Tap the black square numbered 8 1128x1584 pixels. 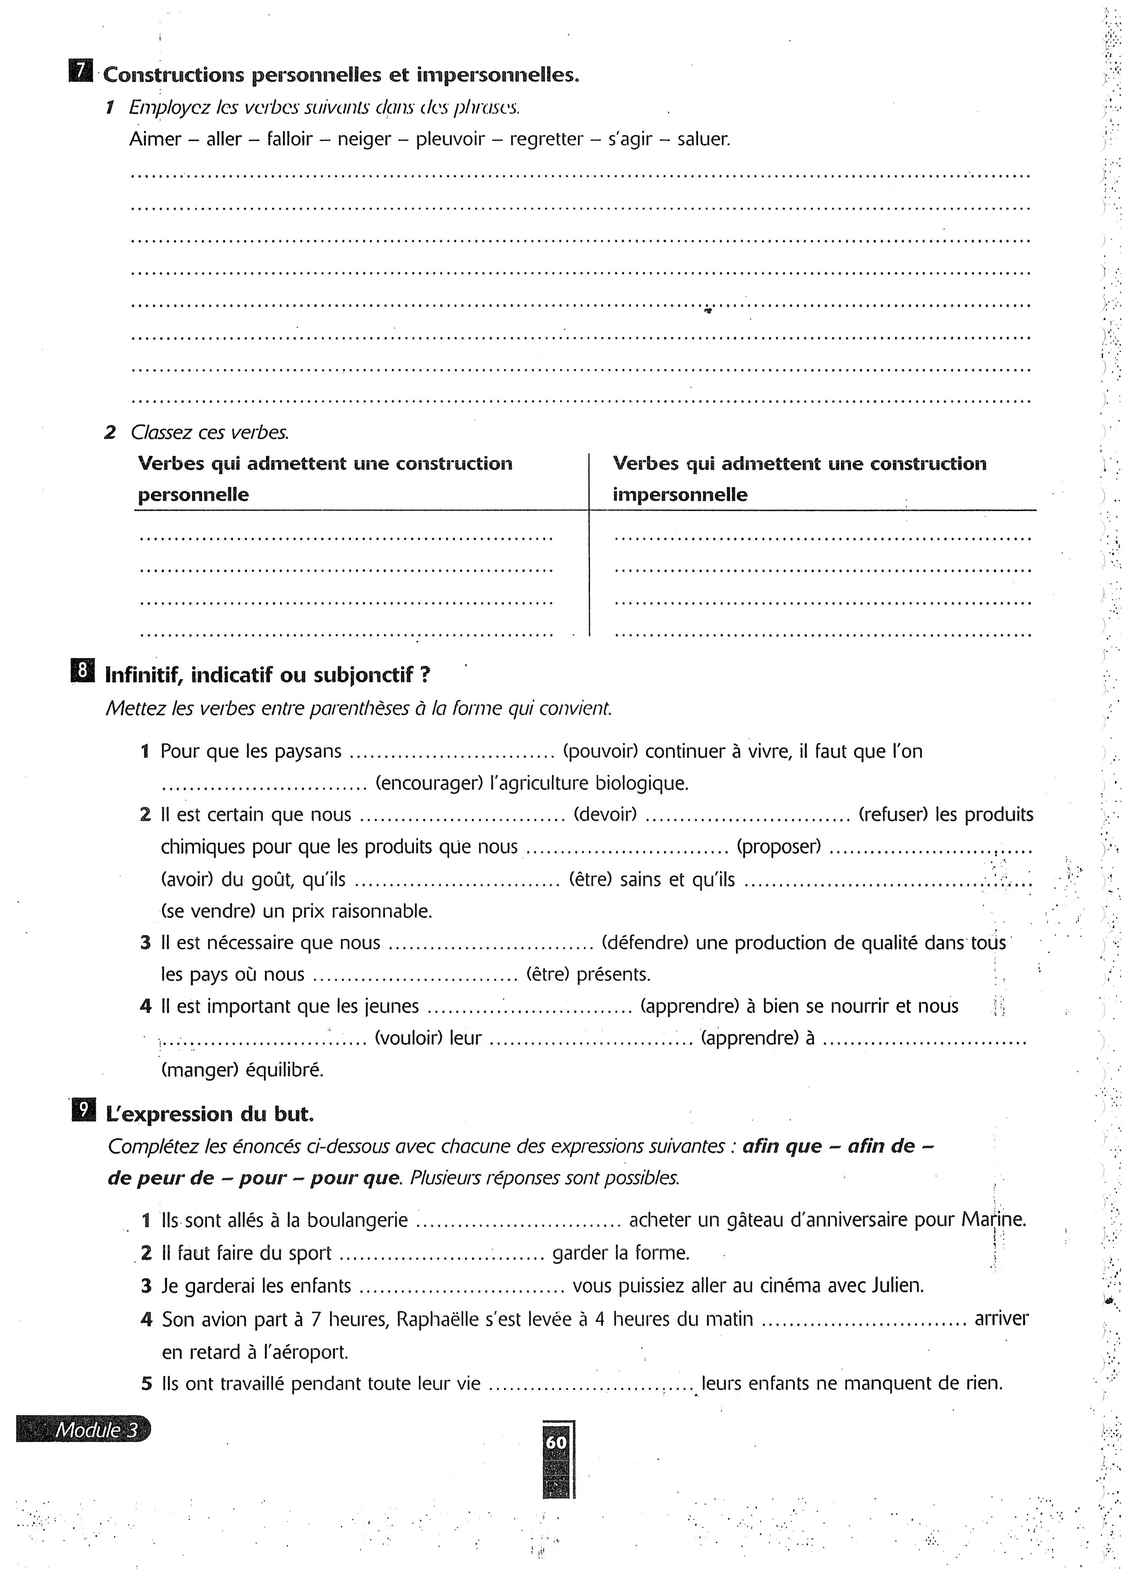[82, 671]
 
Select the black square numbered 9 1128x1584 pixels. [82, 1110]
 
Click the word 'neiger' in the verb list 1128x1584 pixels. [365, 139]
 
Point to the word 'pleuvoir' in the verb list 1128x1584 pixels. [450, 139]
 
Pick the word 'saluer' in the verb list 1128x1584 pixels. [703, 139]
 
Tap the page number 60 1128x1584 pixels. [556, 1442]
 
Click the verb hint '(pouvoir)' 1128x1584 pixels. [600, 751]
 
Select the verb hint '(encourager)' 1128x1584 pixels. [429, 783]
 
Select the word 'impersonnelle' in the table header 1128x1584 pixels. [680, 495]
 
